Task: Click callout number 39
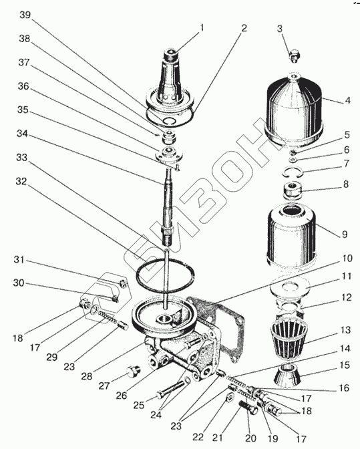click(x=25, y=15)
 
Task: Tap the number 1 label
click(x=202, y=27)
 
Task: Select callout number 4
click(x=347, y=100)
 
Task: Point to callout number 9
click(x=345, y=235)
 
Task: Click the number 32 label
click(x=21, y=181)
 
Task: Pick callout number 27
click(x=104, y=386)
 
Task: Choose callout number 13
click(x=345, y=330)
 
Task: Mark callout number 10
click(x=347, y=259)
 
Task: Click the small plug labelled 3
click(x=293, y=56)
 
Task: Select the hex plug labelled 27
click(x=133, y=372)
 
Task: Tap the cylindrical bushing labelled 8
click(x=293, y=190)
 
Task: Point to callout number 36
click(x=24, y=86)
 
